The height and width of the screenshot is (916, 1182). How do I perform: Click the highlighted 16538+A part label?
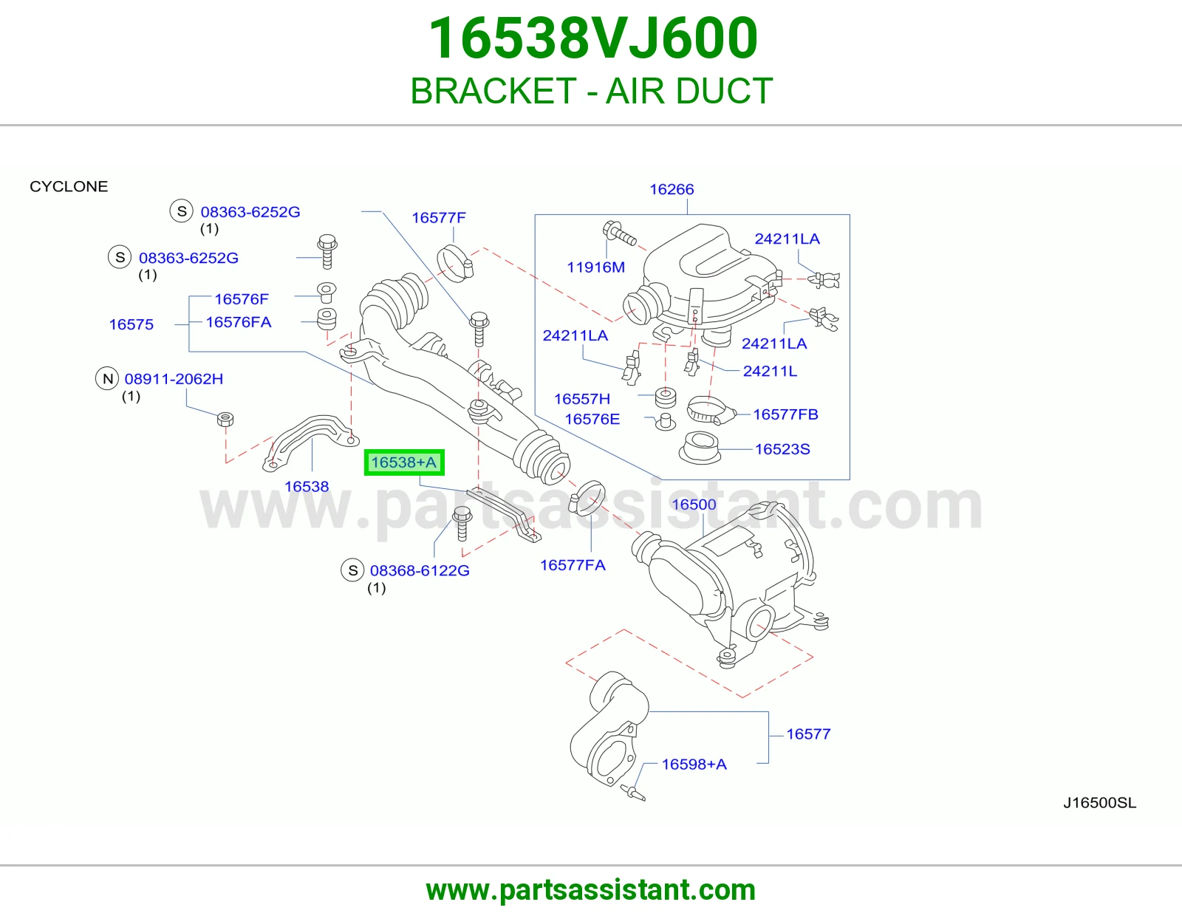click(x=403, y=462)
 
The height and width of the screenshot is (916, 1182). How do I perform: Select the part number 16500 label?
click(x=694, y=505)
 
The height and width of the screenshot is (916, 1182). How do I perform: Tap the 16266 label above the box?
click(x=672, y=189)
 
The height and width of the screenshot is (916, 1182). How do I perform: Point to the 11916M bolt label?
click(x=595, y=267)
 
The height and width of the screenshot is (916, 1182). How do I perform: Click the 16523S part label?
click(x=782, y=448)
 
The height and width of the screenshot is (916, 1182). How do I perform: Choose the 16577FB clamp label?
click(x=785, y=414)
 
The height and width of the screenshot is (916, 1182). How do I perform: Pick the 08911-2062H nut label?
click(x=174, y=378)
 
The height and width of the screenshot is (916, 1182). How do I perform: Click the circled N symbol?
click(x=108, y=378)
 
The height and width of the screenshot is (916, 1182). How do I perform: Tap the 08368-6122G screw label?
click(x=420, y=570)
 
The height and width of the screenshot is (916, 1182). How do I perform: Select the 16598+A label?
click(x=694, y=765)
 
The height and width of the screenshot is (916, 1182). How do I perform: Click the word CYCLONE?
click(x=69, y=187)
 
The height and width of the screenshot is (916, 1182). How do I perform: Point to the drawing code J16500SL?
click(x=1100, y=803)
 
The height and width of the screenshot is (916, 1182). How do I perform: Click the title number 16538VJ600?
click(x=592, y=38)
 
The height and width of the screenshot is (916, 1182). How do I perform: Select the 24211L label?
click(x=770, y=371)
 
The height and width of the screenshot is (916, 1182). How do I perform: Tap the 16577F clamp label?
click(x=438, y=218)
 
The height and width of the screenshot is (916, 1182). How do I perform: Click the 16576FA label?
click(x=239, y=322)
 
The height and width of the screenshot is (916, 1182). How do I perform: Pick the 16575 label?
click(x=131, y=324)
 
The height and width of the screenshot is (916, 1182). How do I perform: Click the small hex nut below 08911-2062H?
click(x=225, y=420)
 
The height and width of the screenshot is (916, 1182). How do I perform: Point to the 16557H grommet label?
click(x=582, y=399)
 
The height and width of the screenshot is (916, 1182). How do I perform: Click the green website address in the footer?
click(x=591, y=890)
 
